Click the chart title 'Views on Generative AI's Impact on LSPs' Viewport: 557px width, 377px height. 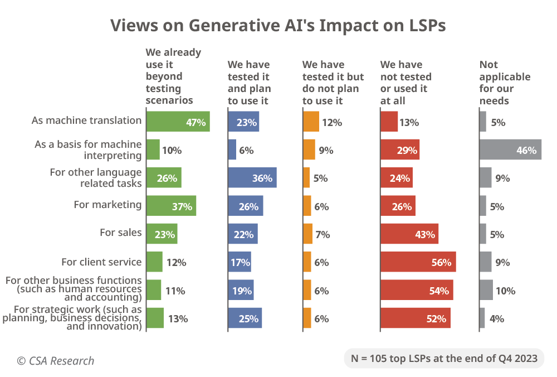click(278, 26)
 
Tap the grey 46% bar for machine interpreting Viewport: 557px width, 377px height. click(510, 150)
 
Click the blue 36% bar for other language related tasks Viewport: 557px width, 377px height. click(252, 178)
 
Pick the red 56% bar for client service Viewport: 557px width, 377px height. click(418, 262)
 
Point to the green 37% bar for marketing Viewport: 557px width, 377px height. click(172, 206)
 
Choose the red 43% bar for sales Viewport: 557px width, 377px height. click(409, 234)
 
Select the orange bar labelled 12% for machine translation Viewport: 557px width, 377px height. click(311, 122)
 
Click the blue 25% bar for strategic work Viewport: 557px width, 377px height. click(245, 318)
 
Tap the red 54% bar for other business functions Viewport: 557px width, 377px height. click(417, 291)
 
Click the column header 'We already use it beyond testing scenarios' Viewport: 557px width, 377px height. click(173, 76)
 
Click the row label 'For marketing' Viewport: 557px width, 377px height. click(108, 205)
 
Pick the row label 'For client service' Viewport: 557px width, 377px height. click(101, 262)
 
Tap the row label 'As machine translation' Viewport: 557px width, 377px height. click(86, 120)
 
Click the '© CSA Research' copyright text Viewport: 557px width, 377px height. click(55, 361)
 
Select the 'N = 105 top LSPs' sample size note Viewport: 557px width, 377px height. click(443, 358)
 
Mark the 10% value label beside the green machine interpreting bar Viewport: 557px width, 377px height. click(172, 151)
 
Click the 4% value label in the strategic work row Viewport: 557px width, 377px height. click(496, 319)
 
